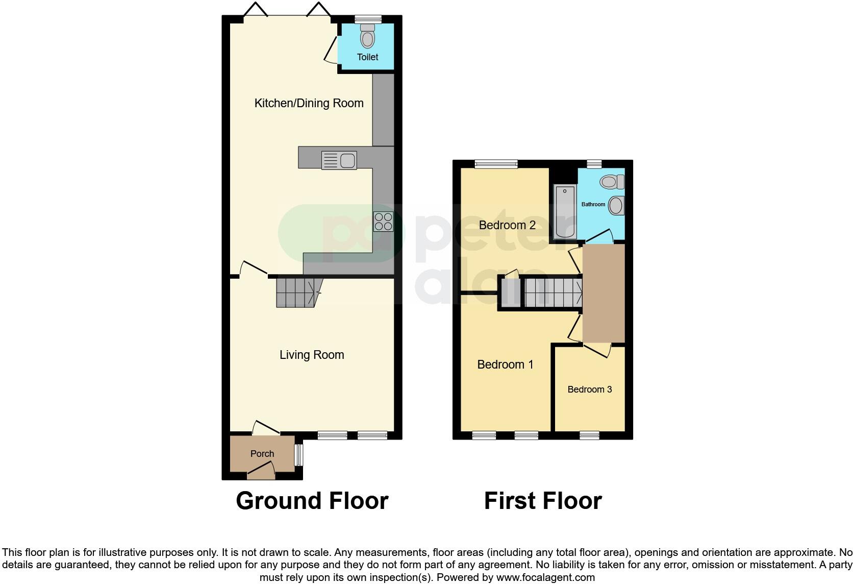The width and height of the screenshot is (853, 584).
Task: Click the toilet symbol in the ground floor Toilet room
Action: click(x=367, y=37)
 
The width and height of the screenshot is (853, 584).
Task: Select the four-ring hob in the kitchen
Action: click(x=383, y=222)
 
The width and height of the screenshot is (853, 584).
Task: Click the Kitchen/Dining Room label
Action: click(x=309, y=103)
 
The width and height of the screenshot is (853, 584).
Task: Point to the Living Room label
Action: click(x=311, y=355)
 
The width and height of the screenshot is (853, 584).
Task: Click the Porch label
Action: click(x=262, y=454)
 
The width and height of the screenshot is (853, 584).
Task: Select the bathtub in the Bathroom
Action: click(x=565, y=212)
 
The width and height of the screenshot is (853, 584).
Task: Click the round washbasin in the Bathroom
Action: click(x=616, y=206)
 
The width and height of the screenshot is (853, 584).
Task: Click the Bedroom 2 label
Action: click(x=507, y=225)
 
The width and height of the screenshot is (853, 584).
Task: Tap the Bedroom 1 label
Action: click(x=505, y=364)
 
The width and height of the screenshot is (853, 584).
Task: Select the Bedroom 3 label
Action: click(x=589, y=390)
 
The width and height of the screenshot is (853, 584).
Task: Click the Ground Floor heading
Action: click(x=312, y=501)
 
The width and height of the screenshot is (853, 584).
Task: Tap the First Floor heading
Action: click(x=542, y=501)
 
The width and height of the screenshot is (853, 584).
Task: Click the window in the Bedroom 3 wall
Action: click(x=589, y=435)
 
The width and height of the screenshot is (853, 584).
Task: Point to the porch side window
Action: click(x=299, y=455)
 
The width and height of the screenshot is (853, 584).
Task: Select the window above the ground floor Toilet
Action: click(x=368, y=19)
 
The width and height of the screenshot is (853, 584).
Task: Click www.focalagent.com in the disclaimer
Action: click(x=545, y=577)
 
